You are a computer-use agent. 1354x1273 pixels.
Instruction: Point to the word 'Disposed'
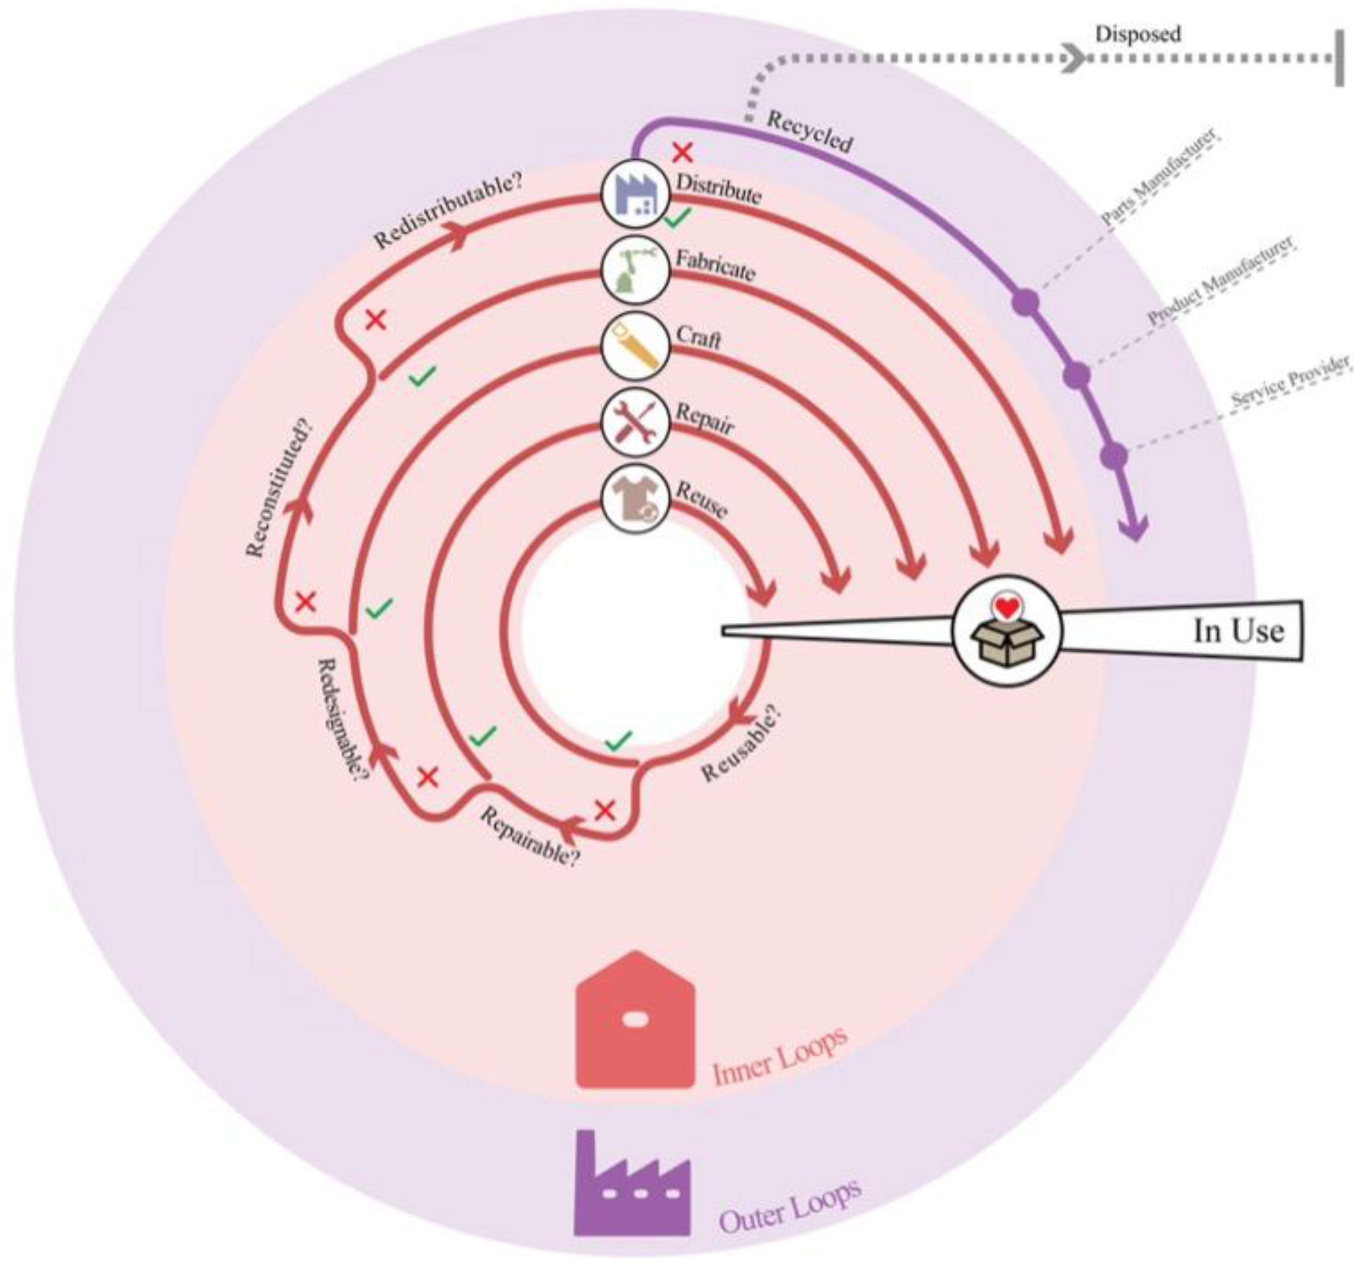tap(1137, 34)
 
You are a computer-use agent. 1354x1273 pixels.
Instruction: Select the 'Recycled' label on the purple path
tap(810, 132)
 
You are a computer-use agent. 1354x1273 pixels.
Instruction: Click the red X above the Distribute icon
tap(683, 153)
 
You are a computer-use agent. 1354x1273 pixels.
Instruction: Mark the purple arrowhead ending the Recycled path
tap(1134, 528)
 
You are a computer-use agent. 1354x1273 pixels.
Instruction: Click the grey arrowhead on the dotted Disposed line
tap(1074, 59)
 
